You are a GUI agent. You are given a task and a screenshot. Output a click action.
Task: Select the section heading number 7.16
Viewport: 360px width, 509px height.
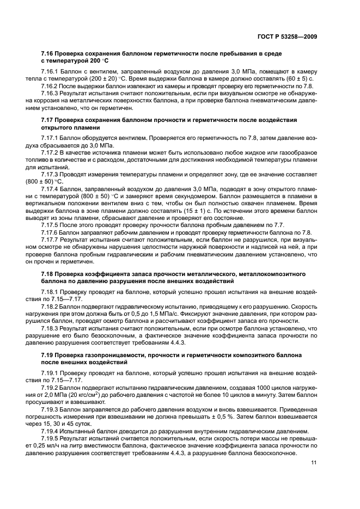[49, 54]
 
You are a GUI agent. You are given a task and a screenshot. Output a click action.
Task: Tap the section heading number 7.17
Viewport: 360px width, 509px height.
[49, 119]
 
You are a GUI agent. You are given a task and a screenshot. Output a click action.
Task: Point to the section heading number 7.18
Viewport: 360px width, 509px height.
[49, 272]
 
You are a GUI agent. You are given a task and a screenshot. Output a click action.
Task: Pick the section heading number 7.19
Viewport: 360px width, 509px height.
[49, 354]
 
